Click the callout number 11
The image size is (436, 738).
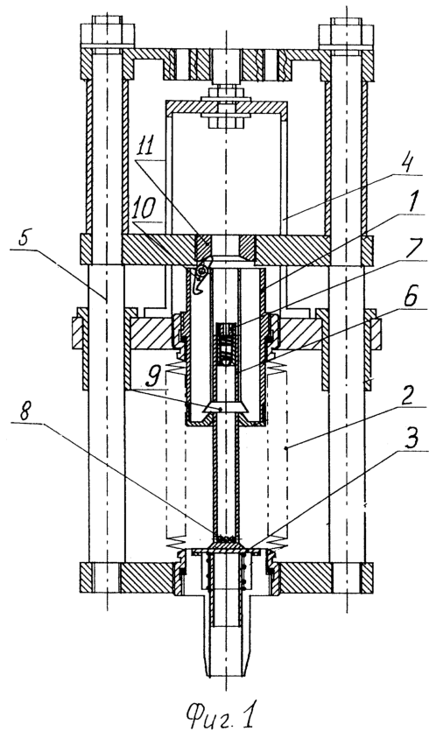tap(146, 147)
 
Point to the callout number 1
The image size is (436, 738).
tap(412, 205)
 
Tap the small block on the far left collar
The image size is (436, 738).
tap(75, 334)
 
